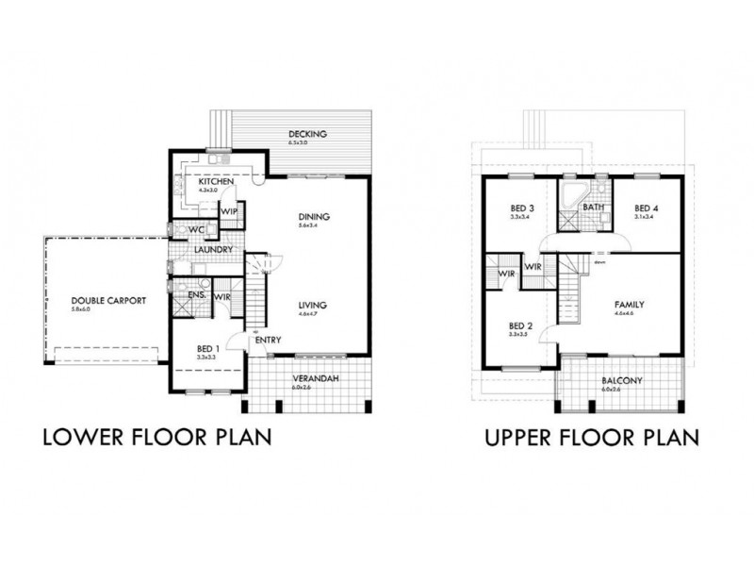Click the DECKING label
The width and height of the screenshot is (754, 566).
pos(307,134)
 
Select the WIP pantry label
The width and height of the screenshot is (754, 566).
pos(228,211)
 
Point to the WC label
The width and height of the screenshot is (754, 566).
pos(197,229)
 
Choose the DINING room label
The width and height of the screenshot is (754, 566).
pos(313,216)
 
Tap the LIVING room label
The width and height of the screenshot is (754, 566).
pos(312,305)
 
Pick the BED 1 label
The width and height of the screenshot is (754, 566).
pos(208,346)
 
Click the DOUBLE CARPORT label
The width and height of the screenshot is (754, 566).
pos(108,301)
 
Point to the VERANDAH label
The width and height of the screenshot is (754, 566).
pos(316,379)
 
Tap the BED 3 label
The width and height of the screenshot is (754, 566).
pos(523,208)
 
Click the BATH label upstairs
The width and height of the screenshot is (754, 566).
pos(593,208)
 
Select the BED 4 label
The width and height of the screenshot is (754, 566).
pos(646,208)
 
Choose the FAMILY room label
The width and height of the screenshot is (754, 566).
pos(629,306)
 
